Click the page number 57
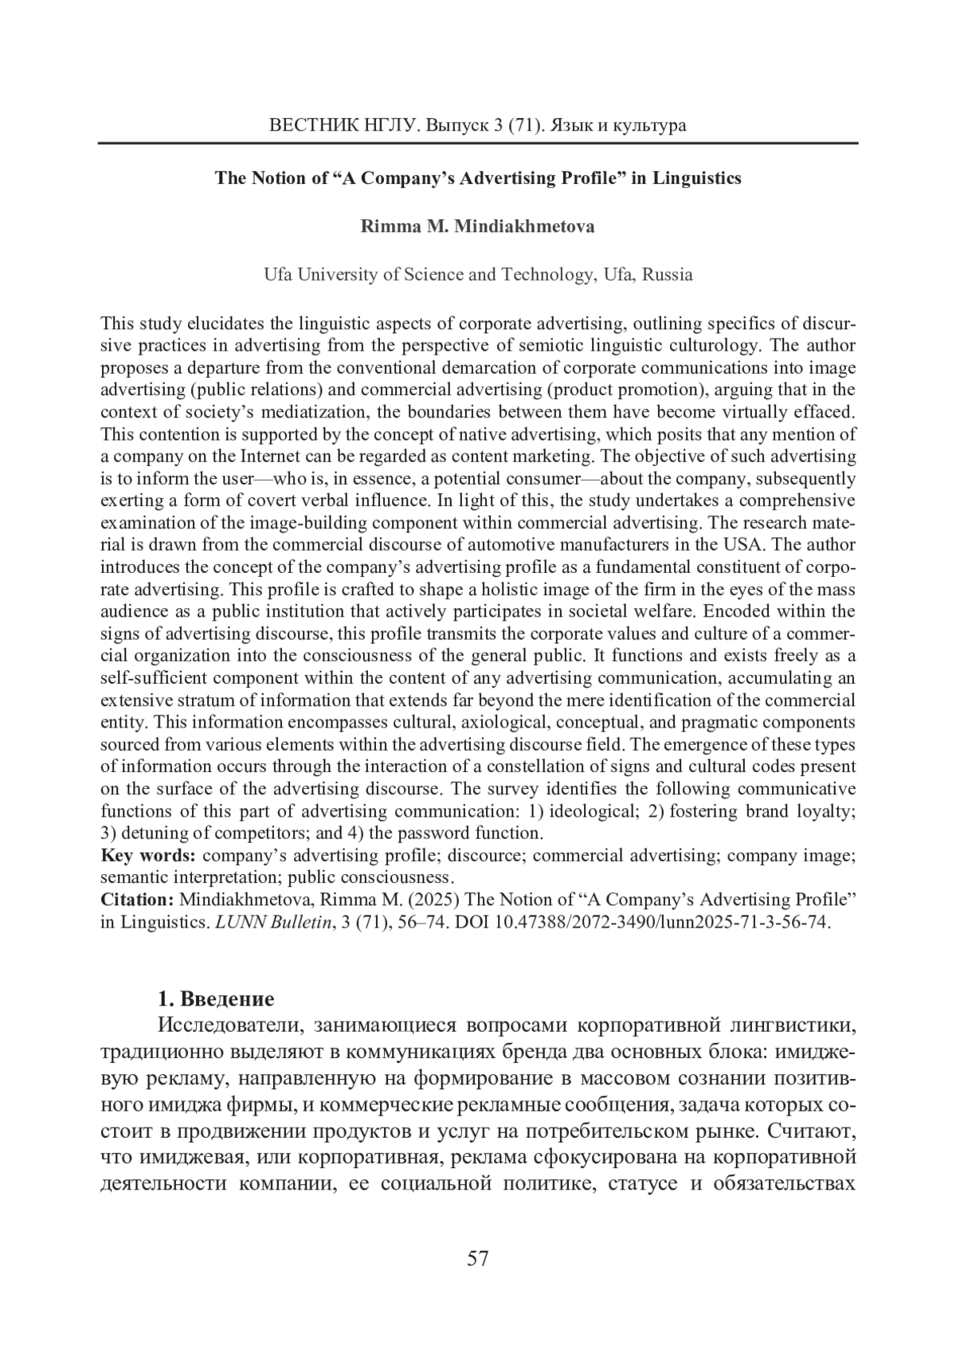[477, 1259]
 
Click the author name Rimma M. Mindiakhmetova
[477, 226]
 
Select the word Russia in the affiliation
[667, 275]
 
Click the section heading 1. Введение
[216, 999]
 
